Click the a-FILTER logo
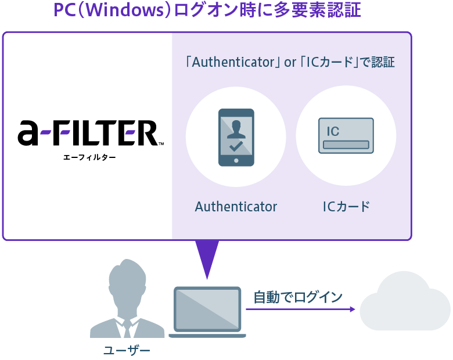[87, 134]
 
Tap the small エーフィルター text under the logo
[89, 157]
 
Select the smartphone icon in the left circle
[236, 137]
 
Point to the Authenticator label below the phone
[236, 207]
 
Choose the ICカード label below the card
[346, 207]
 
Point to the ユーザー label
[126, 350]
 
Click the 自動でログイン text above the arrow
[298, 297]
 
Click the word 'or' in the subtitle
[290, 62]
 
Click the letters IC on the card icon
[333, 131]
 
